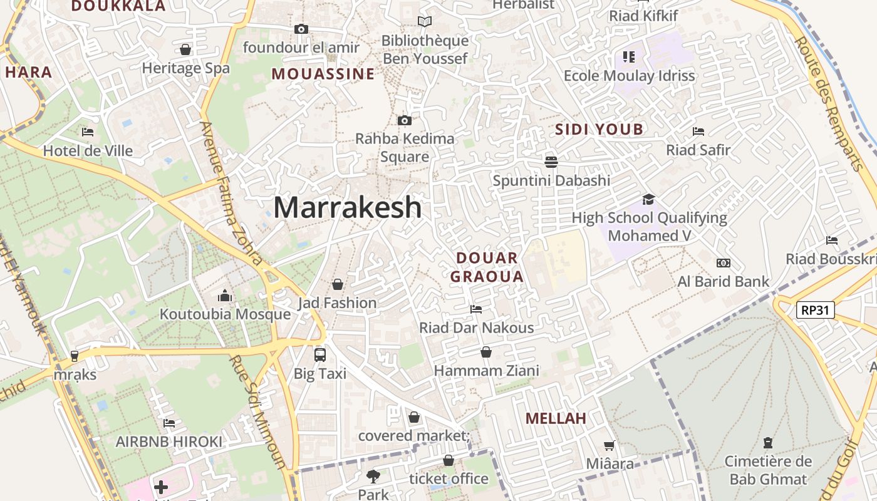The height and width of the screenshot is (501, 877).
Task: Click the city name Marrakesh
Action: click(x=347, y=207)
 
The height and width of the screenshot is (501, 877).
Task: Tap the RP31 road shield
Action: click(x=816, y=309)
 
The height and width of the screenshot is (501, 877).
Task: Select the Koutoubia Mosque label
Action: click(x=225, y=314)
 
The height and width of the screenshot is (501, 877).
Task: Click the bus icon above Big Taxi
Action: click(x=320, y=354)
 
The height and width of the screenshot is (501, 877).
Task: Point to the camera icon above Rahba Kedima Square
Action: click(x=405, y=120)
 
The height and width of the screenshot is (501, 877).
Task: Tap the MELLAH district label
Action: click(x=556, y=418)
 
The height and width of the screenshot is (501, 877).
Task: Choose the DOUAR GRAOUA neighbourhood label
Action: click(x=487, y=267)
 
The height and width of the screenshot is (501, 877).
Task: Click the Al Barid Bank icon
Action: click(x=723, y=263)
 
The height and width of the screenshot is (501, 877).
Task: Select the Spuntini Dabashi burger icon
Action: click(x=551, y=162)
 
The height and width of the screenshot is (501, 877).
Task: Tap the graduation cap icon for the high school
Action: click(x=648, y=199)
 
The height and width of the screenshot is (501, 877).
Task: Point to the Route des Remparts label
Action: click(x=829, y=104)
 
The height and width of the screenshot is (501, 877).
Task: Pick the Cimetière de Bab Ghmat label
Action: click(x=768, y=470)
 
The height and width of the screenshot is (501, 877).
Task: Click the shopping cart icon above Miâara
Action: click(x=609, y=445)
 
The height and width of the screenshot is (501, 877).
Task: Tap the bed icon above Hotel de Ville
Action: click(x=88, y=132)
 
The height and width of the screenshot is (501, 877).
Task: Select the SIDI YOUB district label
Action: click(x=599, y=130)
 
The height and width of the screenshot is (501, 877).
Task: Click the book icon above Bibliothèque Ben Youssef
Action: click(x=425, y=22)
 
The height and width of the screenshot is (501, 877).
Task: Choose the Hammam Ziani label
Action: click(x=486, y=371)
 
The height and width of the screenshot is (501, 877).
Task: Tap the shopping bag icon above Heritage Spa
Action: click(x=185, y=49)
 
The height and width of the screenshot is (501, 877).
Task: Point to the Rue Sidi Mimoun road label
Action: click(x=257, y=413)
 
